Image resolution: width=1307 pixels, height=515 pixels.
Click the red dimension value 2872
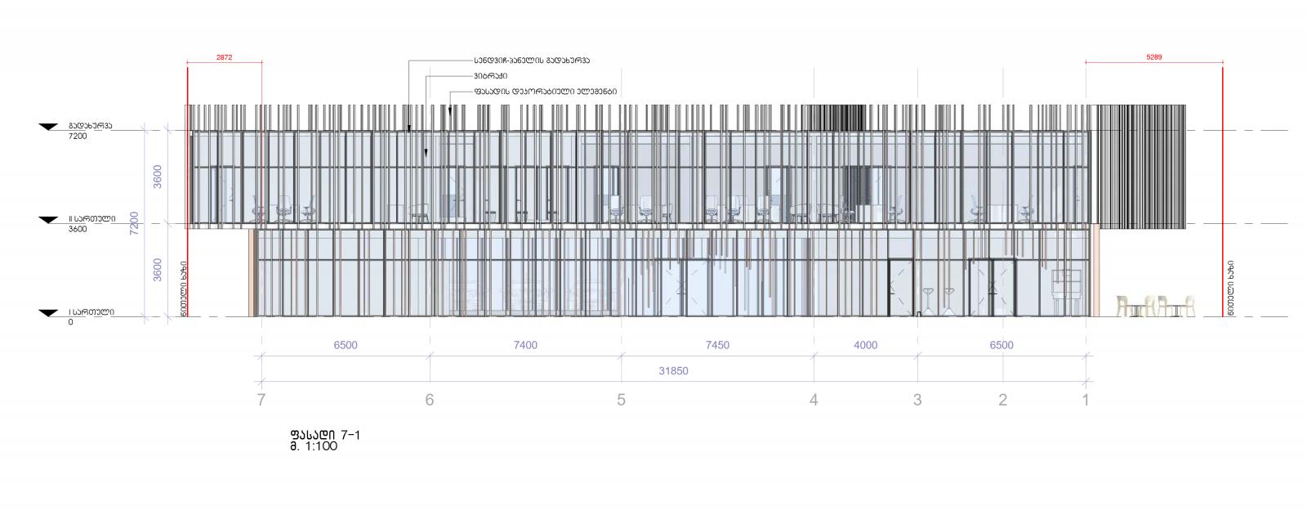224,58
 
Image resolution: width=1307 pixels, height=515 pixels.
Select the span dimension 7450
716,345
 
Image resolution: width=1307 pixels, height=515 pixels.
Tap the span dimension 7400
525,345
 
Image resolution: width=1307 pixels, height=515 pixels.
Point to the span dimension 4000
865,345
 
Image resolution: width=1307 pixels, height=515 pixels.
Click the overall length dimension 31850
673,370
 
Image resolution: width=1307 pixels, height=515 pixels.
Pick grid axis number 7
261,400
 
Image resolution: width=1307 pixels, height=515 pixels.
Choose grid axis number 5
621,400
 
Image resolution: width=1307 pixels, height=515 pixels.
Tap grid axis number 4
813,400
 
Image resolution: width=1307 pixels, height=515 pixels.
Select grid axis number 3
917,400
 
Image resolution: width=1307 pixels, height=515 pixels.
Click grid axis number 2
1002,400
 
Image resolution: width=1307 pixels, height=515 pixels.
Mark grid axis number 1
1086,400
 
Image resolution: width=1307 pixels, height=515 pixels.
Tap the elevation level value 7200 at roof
78,137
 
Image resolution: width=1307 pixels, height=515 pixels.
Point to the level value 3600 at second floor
78,229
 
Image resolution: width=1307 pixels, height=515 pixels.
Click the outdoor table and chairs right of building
1155,306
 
